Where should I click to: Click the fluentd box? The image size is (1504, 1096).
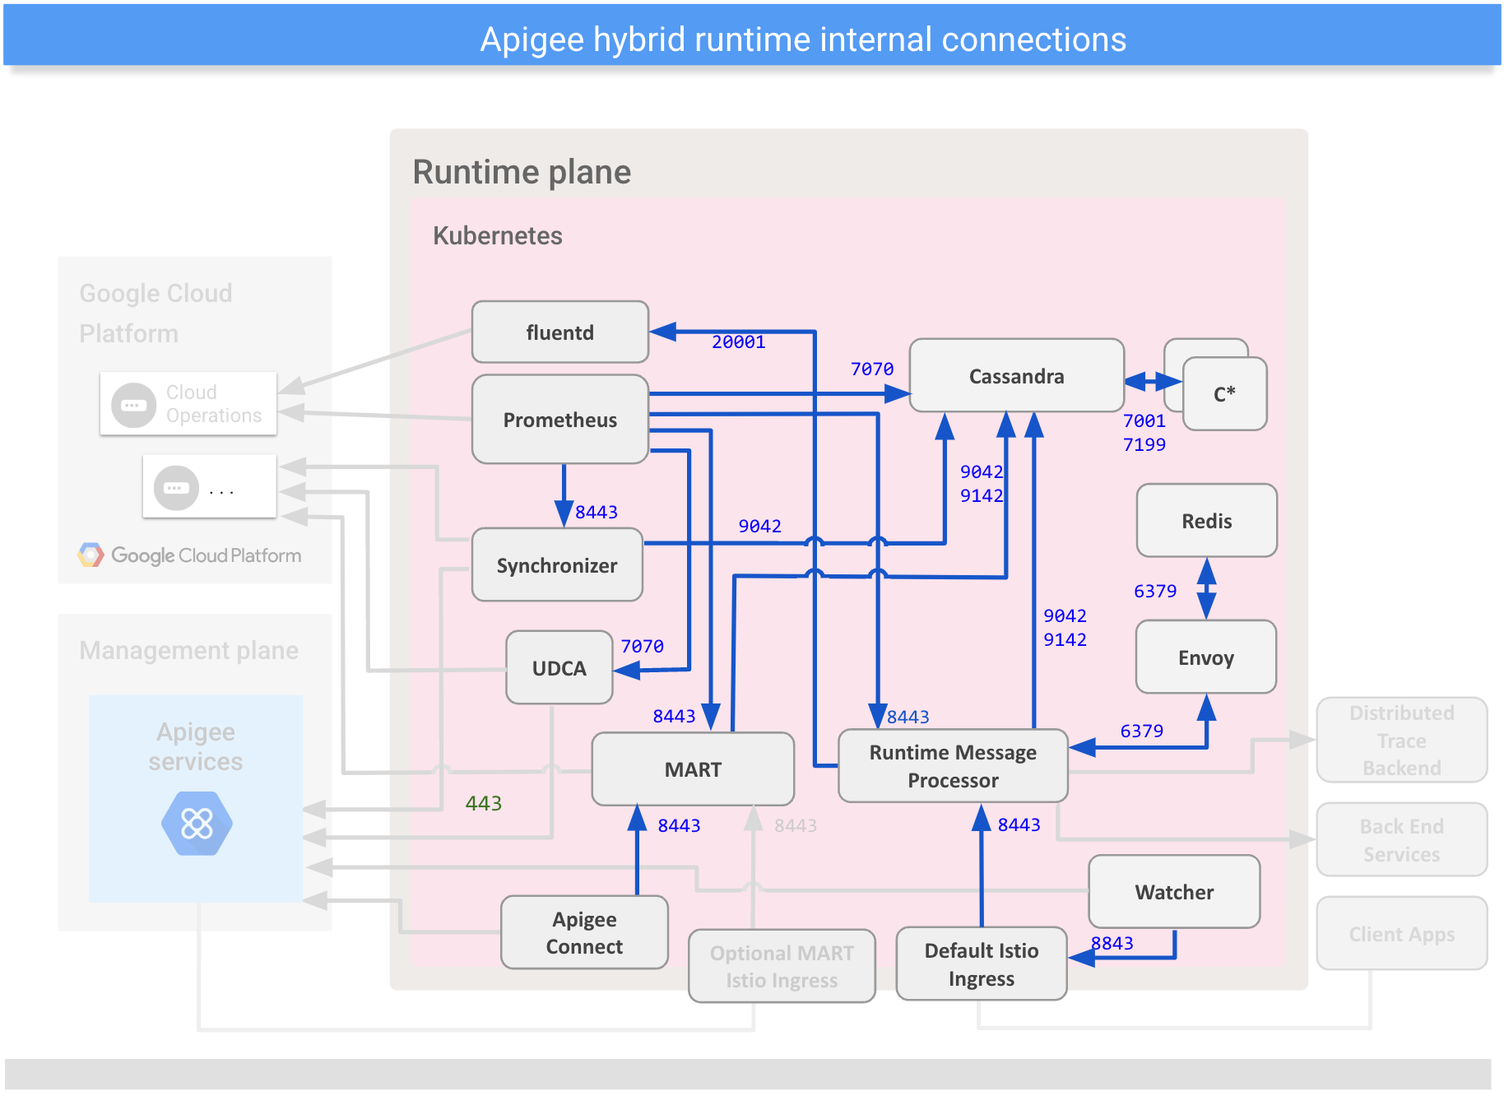[x=559, y=332]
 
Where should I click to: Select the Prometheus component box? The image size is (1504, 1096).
[x=559, y=420]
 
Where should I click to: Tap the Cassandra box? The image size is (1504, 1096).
[x=1016, y=376]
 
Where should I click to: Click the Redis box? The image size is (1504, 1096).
[x=1206, y=521]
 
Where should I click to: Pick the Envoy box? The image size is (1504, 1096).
[x=1205, y=657]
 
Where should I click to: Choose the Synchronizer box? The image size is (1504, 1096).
[x=557, y=565]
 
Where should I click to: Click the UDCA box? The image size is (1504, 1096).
[x=559, y=668]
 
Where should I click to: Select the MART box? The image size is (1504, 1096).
[x=693, y=769]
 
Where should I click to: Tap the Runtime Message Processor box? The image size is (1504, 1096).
[x=953, y=766]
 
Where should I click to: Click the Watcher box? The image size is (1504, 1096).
[x=1174, y=892]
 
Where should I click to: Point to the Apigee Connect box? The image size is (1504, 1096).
[x=584, y=932]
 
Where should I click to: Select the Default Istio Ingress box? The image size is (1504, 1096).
[x=981, y=964]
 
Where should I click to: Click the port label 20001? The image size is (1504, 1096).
[x=738, y=342]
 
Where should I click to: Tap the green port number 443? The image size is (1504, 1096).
[x=483, y=803]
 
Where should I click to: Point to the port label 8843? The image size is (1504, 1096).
[x=1112, y=943]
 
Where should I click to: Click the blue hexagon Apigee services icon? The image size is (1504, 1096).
[x=197, y=824]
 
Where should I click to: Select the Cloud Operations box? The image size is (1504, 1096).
[x=188, y=404]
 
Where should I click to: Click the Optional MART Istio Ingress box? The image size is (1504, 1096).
[x=782, y=966]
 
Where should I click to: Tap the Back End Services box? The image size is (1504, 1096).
[x=1401, y=840]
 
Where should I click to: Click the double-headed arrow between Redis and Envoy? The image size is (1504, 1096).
[x=1206, y=588]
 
